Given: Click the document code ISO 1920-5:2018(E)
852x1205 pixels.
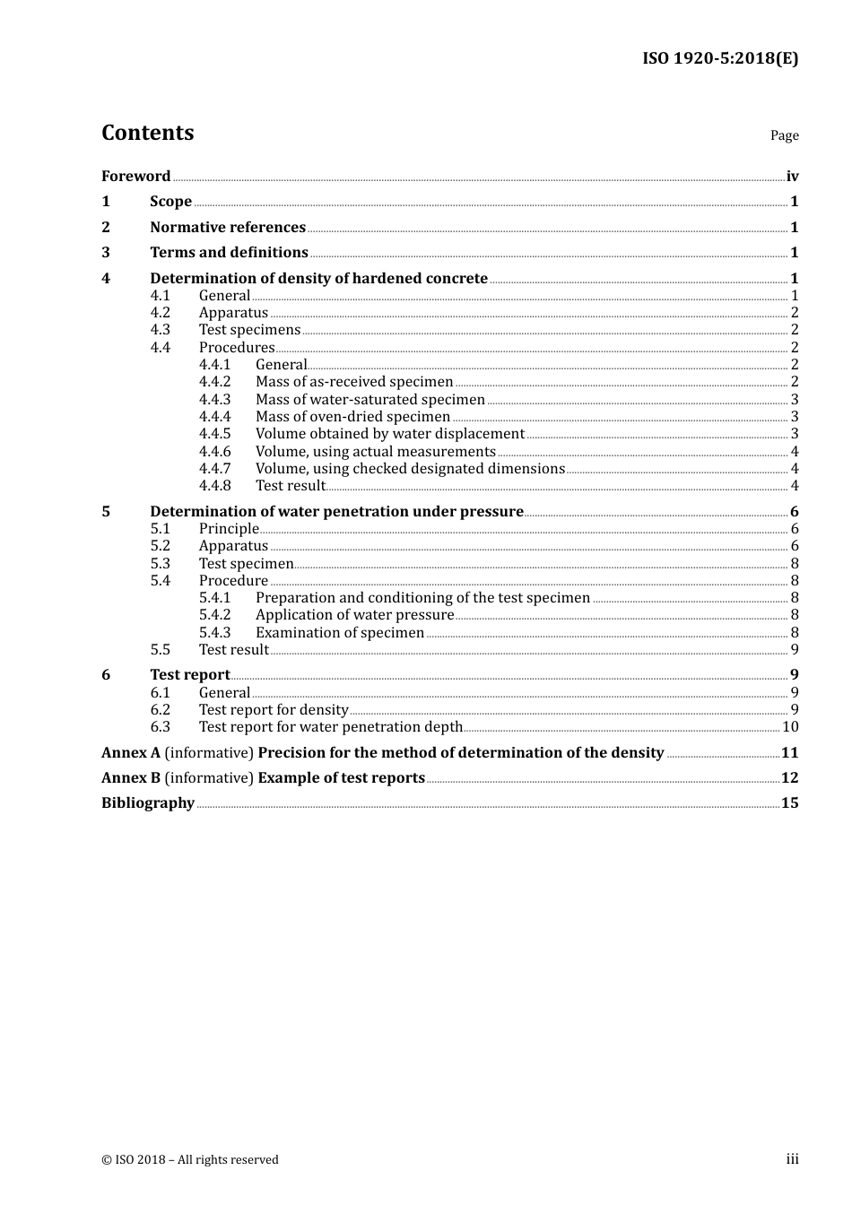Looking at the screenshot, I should click(719, 58).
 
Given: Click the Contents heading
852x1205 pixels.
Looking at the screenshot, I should click(147, 133).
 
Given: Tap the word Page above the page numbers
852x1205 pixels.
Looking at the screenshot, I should click(784, 135).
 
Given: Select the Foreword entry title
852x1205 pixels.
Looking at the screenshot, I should click(135, 177).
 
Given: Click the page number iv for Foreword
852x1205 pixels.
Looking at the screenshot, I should click(792, 177).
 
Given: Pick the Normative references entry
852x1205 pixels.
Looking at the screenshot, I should click(228, 228).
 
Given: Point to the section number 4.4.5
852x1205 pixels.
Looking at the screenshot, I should click(214, 434).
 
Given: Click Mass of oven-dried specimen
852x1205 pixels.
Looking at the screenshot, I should click(352, 417).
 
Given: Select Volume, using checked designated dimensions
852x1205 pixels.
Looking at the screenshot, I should click(410, 469).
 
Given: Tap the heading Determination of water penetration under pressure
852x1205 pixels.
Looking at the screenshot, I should click(336, 512).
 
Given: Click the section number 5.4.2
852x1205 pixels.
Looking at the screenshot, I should click(214, 615).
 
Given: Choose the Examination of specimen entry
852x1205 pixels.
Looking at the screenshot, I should click(340, 633).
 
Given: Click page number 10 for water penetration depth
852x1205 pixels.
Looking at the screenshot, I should click(790, 727).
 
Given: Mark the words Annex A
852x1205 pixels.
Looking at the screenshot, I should click(131, 753).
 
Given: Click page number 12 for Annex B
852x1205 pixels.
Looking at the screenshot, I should click(789, 778).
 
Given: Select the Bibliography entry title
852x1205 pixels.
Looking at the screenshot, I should click(148, 803).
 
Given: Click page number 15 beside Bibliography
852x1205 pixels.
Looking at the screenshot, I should click(789, 803).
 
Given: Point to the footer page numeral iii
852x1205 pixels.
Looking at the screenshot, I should click(792, 1159).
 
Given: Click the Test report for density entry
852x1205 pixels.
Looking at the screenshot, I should click(274, 710).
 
